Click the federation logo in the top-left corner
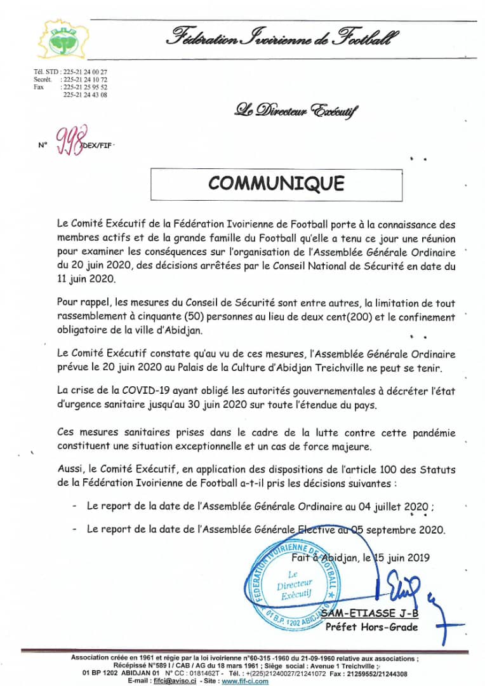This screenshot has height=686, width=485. click(62, 39)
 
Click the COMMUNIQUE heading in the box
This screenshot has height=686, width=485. click(276, 183)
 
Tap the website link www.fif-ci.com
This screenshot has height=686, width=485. click(245, 681)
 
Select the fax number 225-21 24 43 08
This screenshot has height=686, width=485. click(85, 95)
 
